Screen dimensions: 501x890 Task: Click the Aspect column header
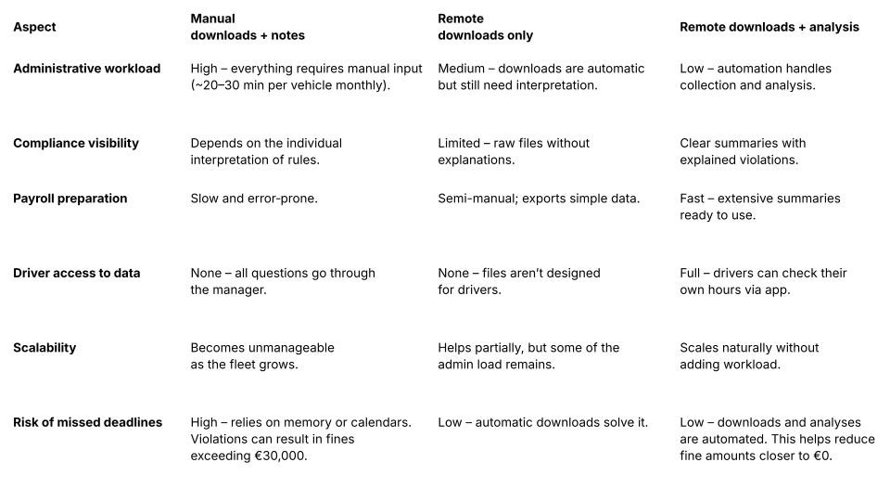coord(34,27)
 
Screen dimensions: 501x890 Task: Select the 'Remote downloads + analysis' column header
coord(769,27)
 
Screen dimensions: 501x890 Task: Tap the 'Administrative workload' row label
coord(86,69)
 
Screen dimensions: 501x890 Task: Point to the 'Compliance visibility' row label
coord(76,143)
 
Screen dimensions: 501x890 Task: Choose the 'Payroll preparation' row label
coord(70,199)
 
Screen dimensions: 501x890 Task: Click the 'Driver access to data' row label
coord(77,273)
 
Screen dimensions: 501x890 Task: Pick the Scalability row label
coord(44,348)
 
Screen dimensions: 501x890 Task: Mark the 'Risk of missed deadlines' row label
coord(87,422)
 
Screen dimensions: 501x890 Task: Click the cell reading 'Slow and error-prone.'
coord(254,199)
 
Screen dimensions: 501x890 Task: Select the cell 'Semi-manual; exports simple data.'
coord(539,199)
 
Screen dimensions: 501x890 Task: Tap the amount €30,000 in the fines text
coord(280,456)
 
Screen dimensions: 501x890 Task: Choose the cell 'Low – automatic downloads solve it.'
coord(542,422)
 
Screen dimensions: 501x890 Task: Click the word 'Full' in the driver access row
coord(692,273)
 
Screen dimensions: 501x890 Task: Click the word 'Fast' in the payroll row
coord(693,199)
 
